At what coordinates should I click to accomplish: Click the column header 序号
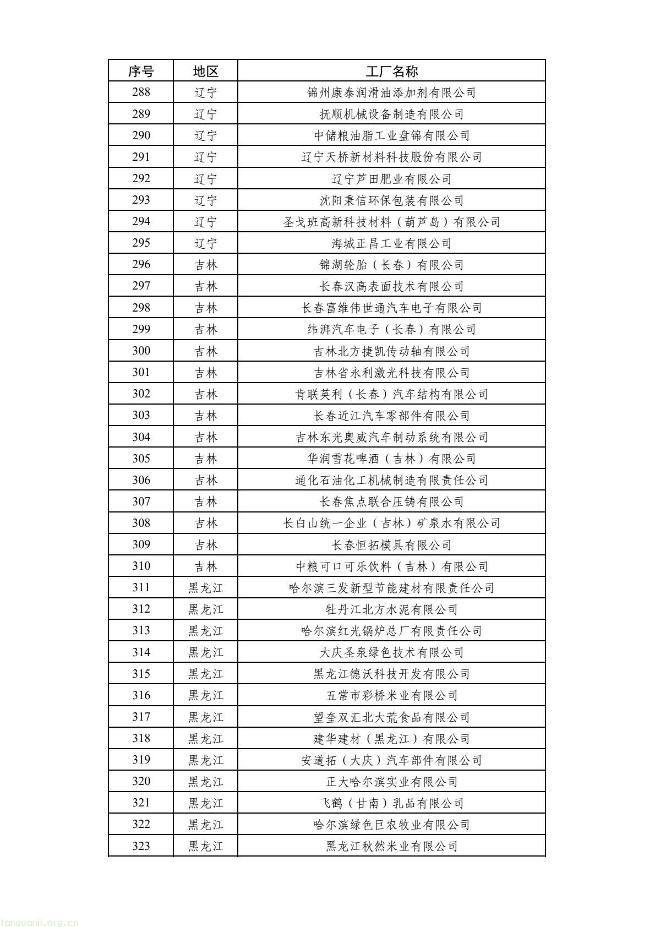pyautogui.click(x=141, y=71)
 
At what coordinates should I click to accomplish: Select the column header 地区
pyautogui.click(x=206, y=71)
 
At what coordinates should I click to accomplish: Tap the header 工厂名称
pyautogui.click(x=391, y=71)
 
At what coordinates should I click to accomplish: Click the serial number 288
pyautogui.click(x=141, y=92)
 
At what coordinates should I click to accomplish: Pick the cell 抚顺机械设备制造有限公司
pyautogui.click(x=391, y=114)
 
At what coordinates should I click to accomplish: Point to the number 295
pyautogui.click(x=141, y=243)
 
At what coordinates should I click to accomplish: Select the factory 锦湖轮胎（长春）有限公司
pyautogui.click(x=391, y=265)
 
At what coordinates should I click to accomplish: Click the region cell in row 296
pyautogui.click(x=206, y=265)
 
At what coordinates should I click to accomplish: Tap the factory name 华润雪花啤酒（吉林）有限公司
pyautogui.click(x=391, y=459)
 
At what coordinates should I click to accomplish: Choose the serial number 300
pyautogui.click(x=141, y=351)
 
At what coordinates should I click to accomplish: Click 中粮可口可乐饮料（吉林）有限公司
pyautogui.click(x=391, y=566)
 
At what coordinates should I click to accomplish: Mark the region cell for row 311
pyautogui.click(x=206, y=588)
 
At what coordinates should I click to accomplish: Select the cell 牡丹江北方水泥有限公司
pyautogui.click(x=391, y=609)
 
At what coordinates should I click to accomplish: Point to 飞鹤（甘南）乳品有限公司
pyautogui.click(x=391, y=803)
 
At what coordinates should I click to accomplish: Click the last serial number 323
pyautogui.click(x=141, y=846)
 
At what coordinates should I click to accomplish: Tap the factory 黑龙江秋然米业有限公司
pyautogui.click(x=391, y=846)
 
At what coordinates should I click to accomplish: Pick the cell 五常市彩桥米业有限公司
pyautogui.click(x=391, y=695)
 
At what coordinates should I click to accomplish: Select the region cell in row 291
pyautogui.click(x=206, y=157)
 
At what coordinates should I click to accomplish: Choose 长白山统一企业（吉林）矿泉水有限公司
pyautogui.click(x=391, y=523)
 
